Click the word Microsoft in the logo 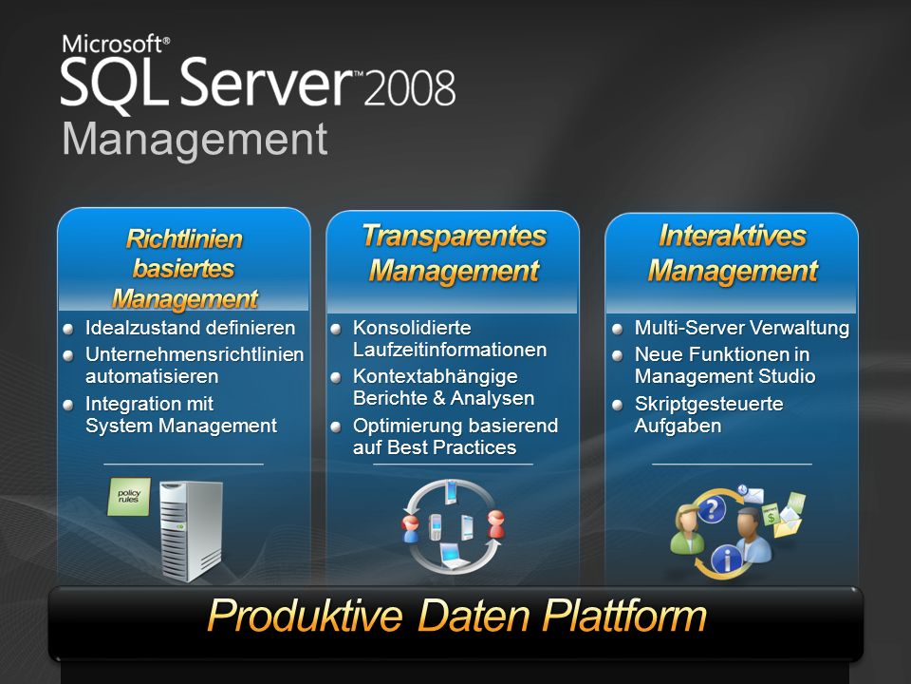[x=113, y=45]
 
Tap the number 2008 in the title [x=410, y=88]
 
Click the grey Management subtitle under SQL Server [x=195, y=141]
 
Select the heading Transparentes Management [x=454, y=254]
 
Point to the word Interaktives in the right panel [x=733, y=237]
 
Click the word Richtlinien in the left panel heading [x=184, y=239]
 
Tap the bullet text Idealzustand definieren [x=190, y=328]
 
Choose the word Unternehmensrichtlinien [x=195, y=354]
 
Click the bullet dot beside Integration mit [x=68, y=405]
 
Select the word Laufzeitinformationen [x=450, y=350]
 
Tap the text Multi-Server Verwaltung [x=742, y=328]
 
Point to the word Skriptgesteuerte [x=709, y=404]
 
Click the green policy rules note [x=129, y=497]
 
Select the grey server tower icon [x=191, y=531]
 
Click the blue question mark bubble [x=711, y=509]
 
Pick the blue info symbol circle [x=726, y=560]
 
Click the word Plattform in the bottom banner [x=624, y=616]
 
